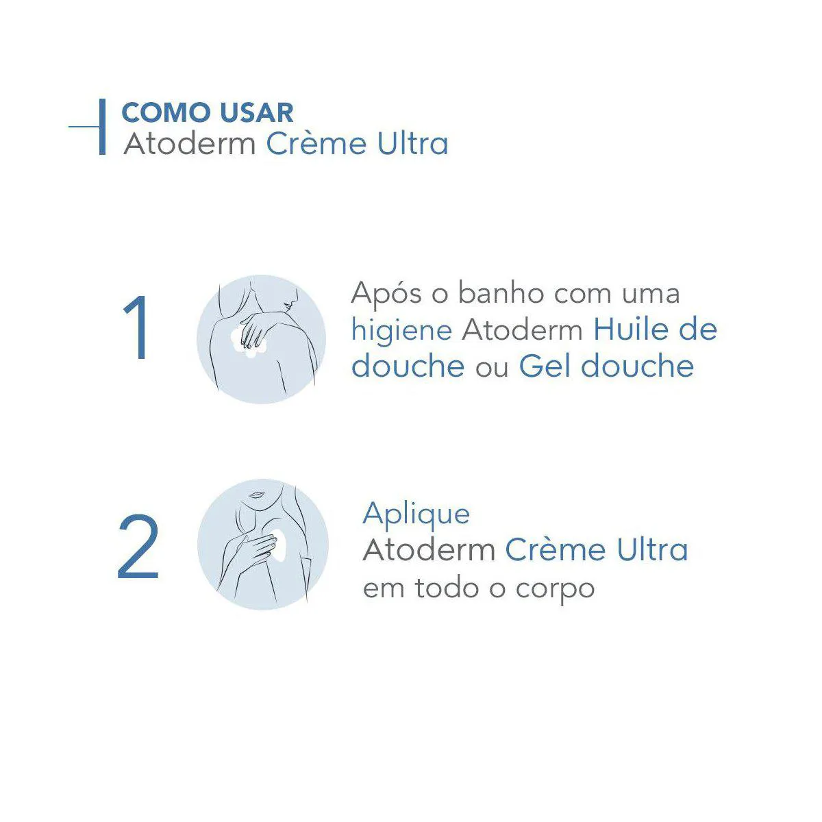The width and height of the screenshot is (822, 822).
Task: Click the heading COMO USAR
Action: coord(208,112)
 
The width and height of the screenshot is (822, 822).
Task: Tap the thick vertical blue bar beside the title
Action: coord(102,127)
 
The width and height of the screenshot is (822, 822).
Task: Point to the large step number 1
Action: coord(136,327)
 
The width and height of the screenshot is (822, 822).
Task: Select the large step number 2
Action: coord(138,546)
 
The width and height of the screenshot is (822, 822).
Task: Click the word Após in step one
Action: coord(386,295)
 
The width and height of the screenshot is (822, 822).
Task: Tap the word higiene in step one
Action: coord(401,330)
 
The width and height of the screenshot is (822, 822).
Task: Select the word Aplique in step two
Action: coord(416,514)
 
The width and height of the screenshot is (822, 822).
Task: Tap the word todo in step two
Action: coord(447,588)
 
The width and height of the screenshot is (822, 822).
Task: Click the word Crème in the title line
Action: coord(316,143)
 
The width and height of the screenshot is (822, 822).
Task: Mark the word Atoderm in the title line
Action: coord(190,143)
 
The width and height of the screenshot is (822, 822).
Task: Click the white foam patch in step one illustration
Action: coord(248,341)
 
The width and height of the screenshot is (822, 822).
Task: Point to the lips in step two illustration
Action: coord(256,495)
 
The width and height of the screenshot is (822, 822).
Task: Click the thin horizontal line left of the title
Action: coord(84,126)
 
